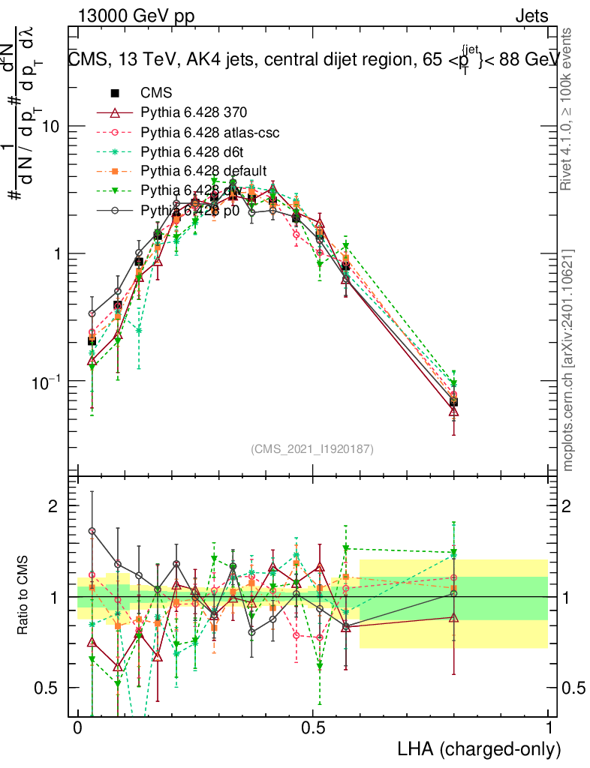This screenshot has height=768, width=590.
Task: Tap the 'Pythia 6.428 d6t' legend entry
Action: click(191, 151)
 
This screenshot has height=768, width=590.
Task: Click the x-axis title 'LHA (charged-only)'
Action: click(480, 748)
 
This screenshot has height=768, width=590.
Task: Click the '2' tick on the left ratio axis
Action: click(53, 506)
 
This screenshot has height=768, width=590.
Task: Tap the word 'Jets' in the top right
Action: click(531, 16)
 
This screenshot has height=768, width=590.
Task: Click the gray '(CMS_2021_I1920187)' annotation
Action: click(312, 448)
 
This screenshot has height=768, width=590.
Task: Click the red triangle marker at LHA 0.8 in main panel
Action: click(453, 410)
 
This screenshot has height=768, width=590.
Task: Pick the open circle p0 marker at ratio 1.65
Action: click(92, 531)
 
